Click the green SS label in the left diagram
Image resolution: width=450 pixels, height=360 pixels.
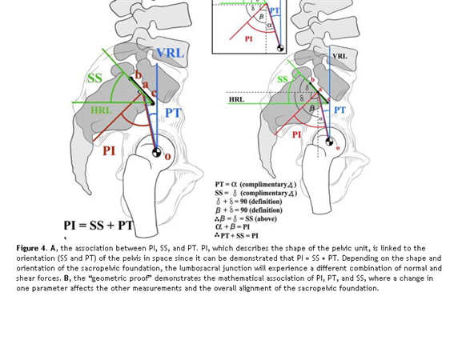coord(95,78)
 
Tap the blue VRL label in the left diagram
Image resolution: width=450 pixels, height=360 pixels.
coord(170,54)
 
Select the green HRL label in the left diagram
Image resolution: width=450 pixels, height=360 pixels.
coord(102,110)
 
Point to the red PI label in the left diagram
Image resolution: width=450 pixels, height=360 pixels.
coord(109,150)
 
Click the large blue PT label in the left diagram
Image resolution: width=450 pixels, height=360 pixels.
coord(174,113)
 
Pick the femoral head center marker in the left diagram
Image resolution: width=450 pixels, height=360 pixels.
coord(157,152)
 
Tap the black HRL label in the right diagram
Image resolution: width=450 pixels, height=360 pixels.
coord(236,100)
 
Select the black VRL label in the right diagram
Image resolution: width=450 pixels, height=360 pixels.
coord(340,56)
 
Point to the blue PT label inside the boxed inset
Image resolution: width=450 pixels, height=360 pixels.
coord(275,10)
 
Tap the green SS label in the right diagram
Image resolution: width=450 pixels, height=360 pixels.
coord(283,80)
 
